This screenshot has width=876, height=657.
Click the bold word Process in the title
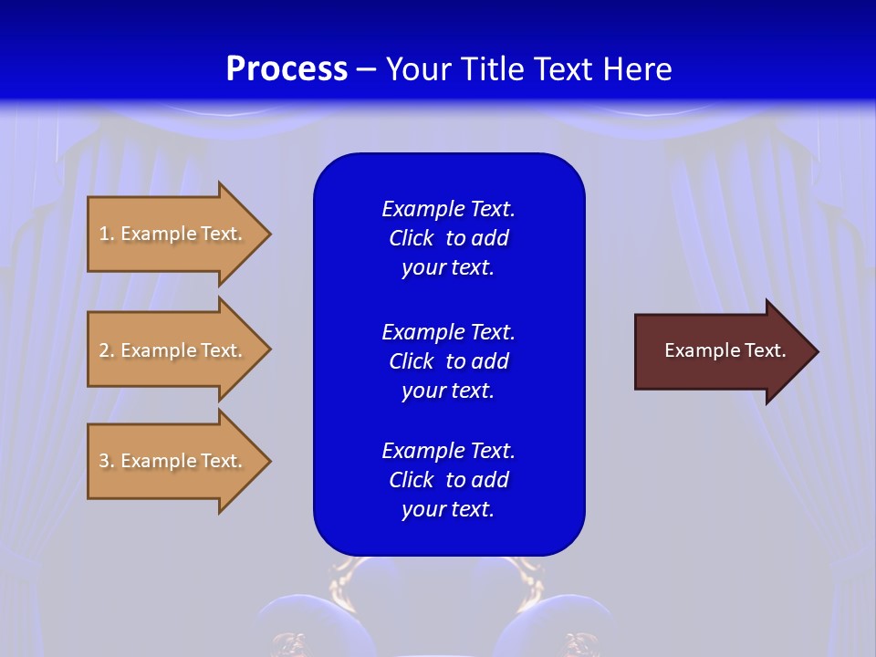[x=287, y=69]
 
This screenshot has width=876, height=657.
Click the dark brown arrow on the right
[x=721, y=350]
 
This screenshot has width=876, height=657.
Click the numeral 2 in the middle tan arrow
[x=104, y=350]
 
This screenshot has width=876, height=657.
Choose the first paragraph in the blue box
[x=448, y=238]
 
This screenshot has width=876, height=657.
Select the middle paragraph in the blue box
[x=448, y=361]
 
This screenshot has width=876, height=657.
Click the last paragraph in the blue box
[x=448, y=480]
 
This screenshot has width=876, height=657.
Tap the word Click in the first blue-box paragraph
[x=412, y=238]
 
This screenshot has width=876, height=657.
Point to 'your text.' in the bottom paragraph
[x=448, y=509]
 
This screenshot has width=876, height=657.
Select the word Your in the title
[x=414, y=69]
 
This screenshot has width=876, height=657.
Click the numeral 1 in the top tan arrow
[x=103, y=234]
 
